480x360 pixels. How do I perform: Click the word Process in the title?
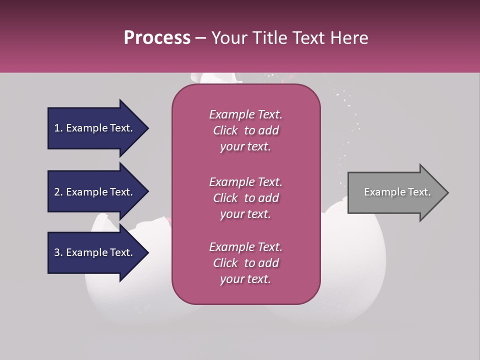[x=157, y=38]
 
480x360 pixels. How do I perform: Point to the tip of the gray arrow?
[x=447, y=192]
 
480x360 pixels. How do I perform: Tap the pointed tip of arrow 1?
[x=147, y=128]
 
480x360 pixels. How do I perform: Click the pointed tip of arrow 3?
[x=147, y=252]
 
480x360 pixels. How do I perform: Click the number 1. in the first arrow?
[x=58, y=128]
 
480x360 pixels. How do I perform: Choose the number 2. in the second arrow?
[x=58, y=192]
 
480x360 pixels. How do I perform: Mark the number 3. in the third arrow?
[x=58, y=252]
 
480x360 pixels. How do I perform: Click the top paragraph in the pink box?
[x=245, y=130]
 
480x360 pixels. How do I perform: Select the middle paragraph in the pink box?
[x=245, y=198]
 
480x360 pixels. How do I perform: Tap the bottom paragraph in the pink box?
[x=245, y=263]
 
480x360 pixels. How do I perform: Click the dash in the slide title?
[x=200, y=38]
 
